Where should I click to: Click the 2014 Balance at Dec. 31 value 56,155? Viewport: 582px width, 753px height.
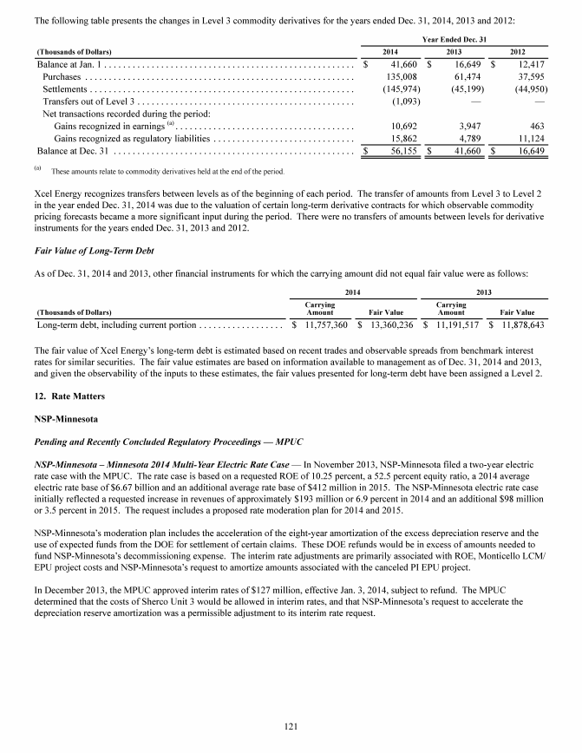tap(400, 149)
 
